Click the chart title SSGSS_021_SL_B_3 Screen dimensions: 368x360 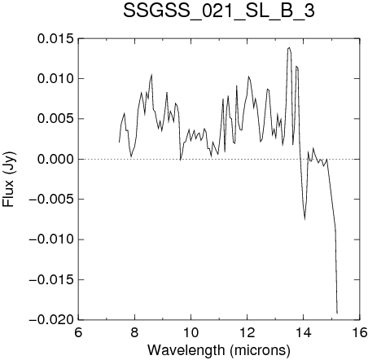click(219, 11)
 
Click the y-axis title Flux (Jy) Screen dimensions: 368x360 click(8, 179)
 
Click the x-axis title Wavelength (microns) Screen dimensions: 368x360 click(219, 349)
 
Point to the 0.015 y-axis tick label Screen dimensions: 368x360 click(55, 38)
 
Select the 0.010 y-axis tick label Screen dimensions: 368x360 click(55, 79)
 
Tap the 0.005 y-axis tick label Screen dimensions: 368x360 click(55, 119)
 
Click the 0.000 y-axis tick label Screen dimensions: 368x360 click(55, 159)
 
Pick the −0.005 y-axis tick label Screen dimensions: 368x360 click(51, 200)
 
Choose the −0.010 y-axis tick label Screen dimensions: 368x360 click(51, 239)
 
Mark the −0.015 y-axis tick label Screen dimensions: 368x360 click(51, 279)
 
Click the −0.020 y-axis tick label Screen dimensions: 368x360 click(51, 320)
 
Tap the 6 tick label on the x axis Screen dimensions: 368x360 click(78, 332)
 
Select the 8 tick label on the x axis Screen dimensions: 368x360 click(134, 332)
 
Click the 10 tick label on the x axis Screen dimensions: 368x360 click(191, 332)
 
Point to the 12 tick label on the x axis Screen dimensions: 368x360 click(248, 332)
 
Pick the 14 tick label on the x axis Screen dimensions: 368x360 click(304, 332)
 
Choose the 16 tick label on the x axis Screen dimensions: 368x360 click(360, 332)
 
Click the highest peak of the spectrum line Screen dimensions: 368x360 click(289, 47)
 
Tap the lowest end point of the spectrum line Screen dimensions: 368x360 click(337, 314)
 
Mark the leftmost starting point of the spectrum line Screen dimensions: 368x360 click(119, 142)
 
